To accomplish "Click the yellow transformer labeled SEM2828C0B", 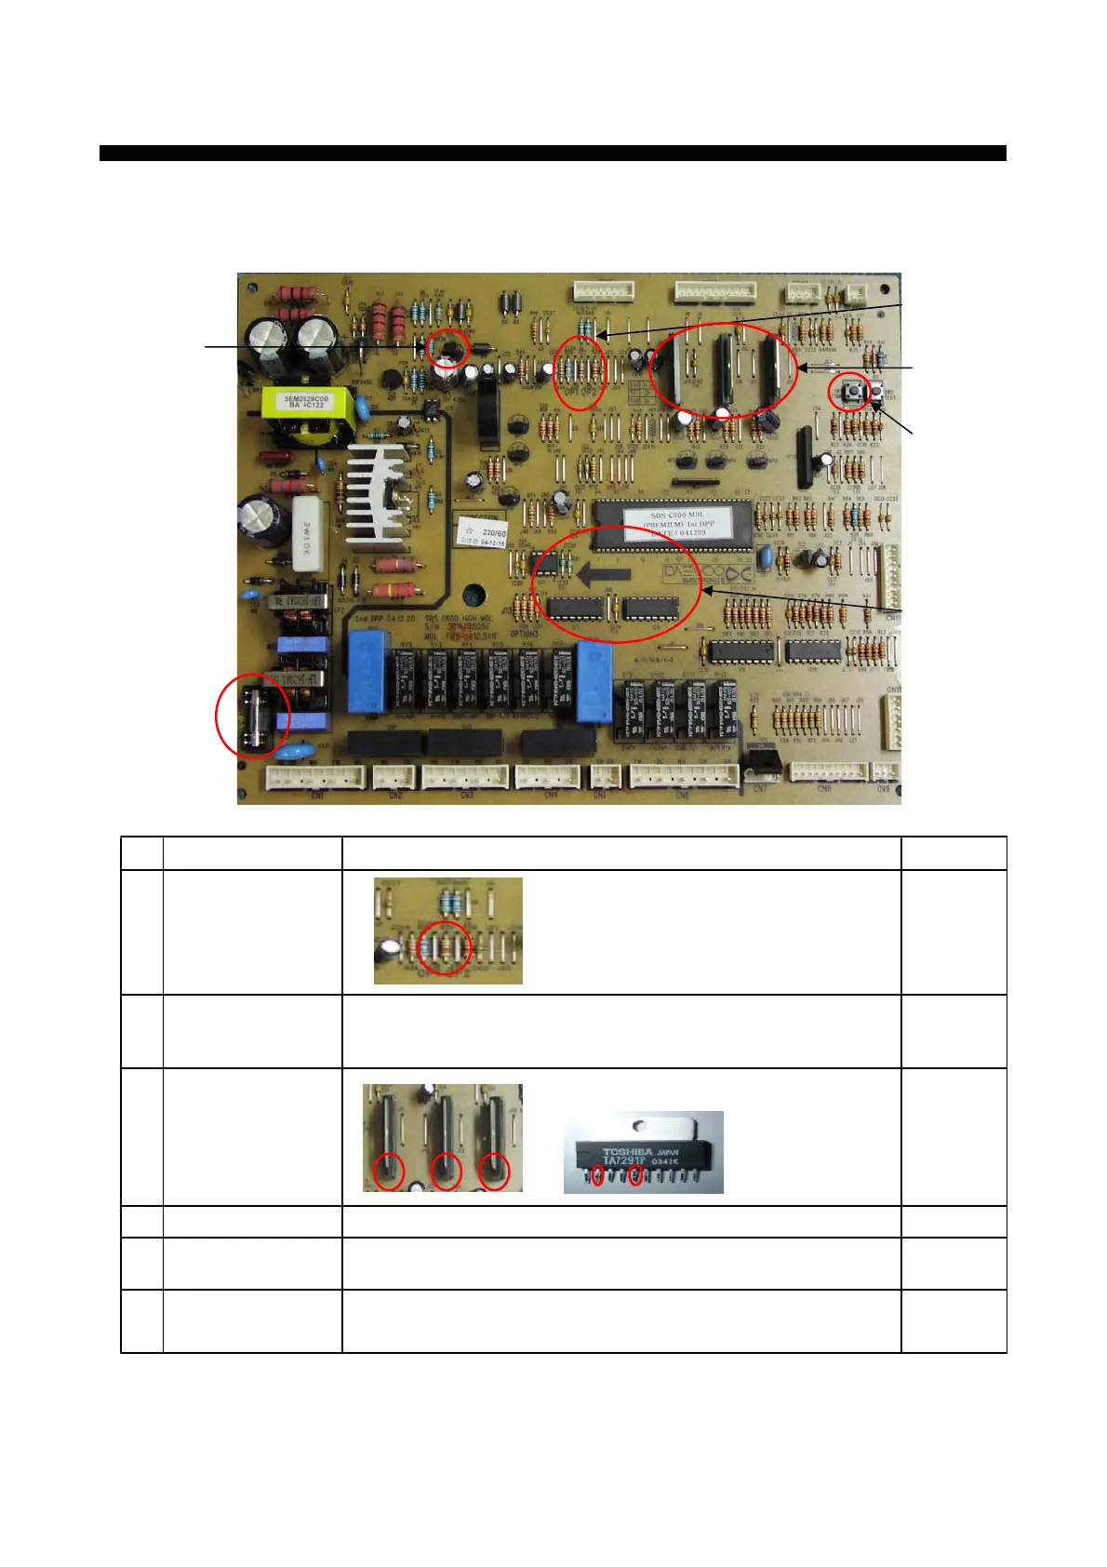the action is (x=307, y=401).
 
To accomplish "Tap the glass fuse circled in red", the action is (x=254, y=716).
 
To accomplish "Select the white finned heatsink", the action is (x=379, y=493).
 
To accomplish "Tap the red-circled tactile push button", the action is (x=849, y=391).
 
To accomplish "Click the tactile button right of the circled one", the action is (x=876, y=392).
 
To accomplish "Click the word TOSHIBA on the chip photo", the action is (x=628, y=1152).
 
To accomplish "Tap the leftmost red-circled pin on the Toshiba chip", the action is (x=596, y=1177).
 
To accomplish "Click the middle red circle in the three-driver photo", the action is (x=447, y=1171).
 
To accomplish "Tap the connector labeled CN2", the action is (x=394, y=777).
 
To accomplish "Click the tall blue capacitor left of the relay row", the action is (x=367, y=672).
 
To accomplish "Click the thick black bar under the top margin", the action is (x=553, y=154).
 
